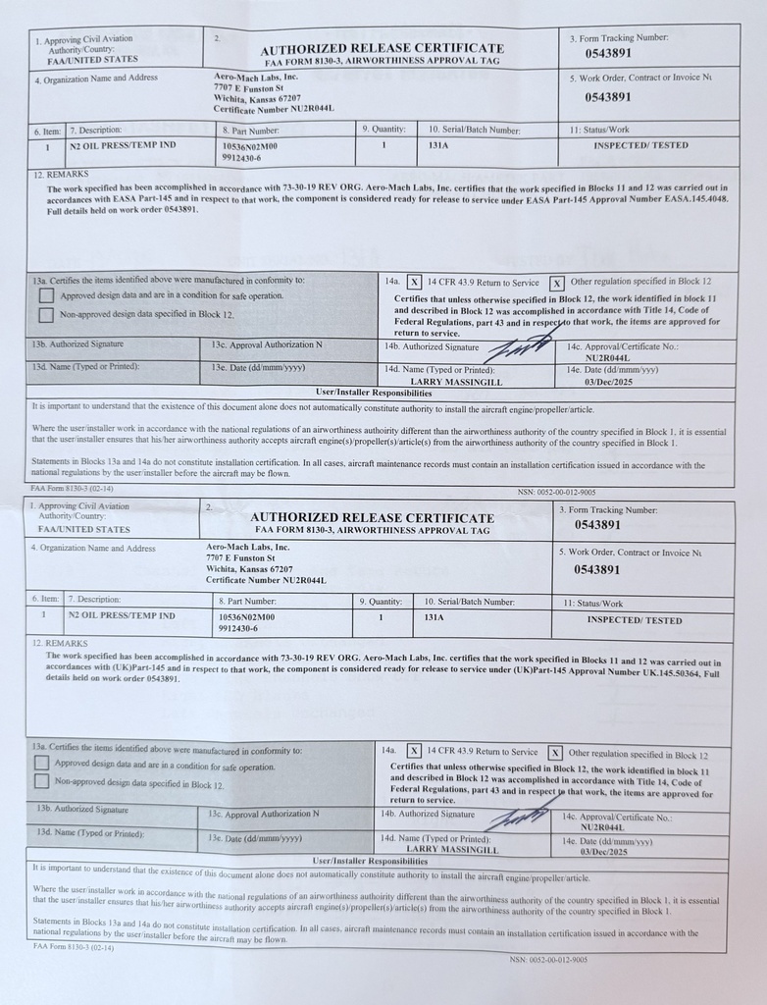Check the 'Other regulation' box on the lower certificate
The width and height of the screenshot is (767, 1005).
point(555,753)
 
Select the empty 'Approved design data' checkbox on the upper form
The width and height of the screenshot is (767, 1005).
point(46,295)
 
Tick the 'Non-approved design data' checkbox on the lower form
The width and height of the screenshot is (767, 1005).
point(41,781)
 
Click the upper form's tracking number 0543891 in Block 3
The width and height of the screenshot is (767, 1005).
point(608,54)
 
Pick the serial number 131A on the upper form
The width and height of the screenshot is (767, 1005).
point(438,145)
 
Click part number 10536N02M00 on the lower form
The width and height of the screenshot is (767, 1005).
point(247,617)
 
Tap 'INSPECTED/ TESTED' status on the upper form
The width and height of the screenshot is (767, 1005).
point(641,145)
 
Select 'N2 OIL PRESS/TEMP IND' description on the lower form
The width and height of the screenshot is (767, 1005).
point(122,616)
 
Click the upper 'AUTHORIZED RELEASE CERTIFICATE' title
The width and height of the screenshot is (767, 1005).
point(383,49)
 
